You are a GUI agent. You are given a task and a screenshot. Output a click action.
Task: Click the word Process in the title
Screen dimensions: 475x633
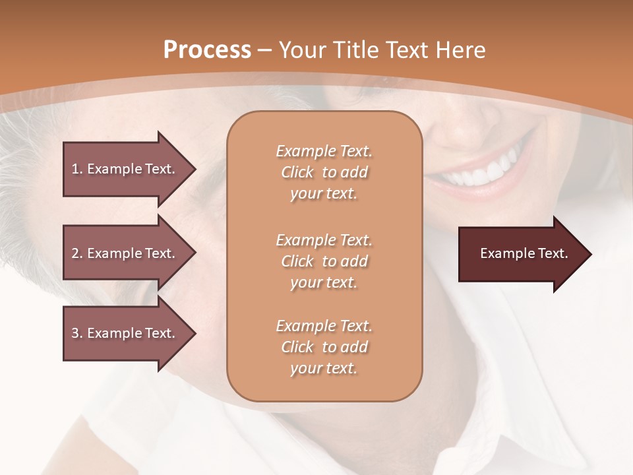(x=207, y=50)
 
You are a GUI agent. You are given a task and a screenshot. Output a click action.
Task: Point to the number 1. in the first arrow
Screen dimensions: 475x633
(x=76, y=169)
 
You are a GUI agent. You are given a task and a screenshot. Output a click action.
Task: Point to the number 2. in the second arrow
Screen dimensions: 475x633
(x=76, y=253)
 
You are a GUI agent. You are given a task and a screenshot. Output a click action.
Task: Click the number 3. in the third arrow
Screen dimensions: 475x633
(x=76, y=333)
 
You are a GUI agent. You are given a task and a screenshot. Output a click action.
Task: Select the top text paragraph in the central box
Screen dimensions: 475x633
(x=324, y=172)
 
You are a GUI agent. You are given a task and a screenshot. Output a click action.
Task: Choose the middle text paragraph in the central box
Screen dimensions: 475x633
(x=324, y=261)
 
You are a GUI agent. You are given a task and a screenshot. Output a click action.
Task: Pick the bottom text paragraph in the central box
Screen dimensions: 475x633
(x=324, y=347)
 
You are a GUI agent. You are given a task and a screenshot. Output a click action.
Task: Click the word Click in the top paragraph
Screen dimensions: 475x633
(x=297, y=173)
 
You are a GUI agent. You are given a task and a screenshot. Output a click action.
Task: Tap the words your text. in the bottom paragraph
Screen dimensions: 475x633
(x=324, y=369)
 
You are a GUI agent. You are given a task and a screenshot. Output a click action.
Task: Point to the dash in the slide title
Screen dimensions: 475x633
(x=265, y=50)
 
